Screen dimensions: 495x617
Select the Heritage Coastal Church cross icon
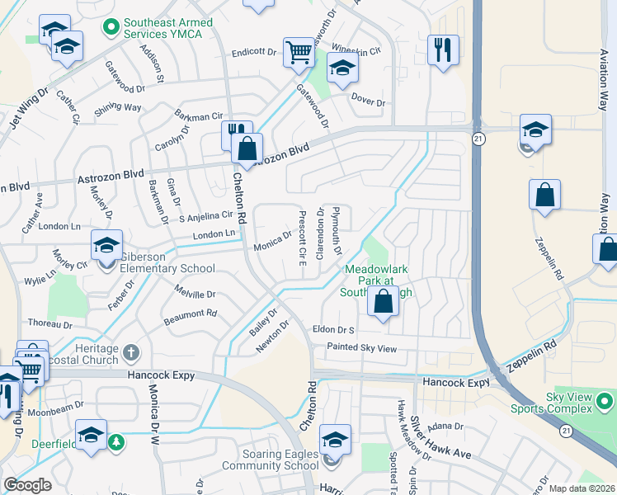coord(130,354)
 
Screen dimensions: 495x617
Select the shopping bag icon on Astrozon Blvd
coord(247,148)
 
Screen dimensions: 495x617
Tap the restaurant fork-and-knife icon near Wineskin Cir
coord(443,49)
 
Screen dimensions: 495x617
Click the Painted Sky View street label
coord(361,348)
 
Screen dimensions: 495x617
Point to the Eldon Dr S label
coord(333,330)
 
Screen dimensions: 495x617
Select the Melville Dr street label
coord(195,294)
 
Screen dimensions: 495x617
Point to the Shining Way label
coord(118,108)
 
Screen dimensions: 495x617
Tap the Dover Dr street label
coord(368,101)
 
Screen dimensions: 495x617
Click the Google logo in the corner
coord(27,485)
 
